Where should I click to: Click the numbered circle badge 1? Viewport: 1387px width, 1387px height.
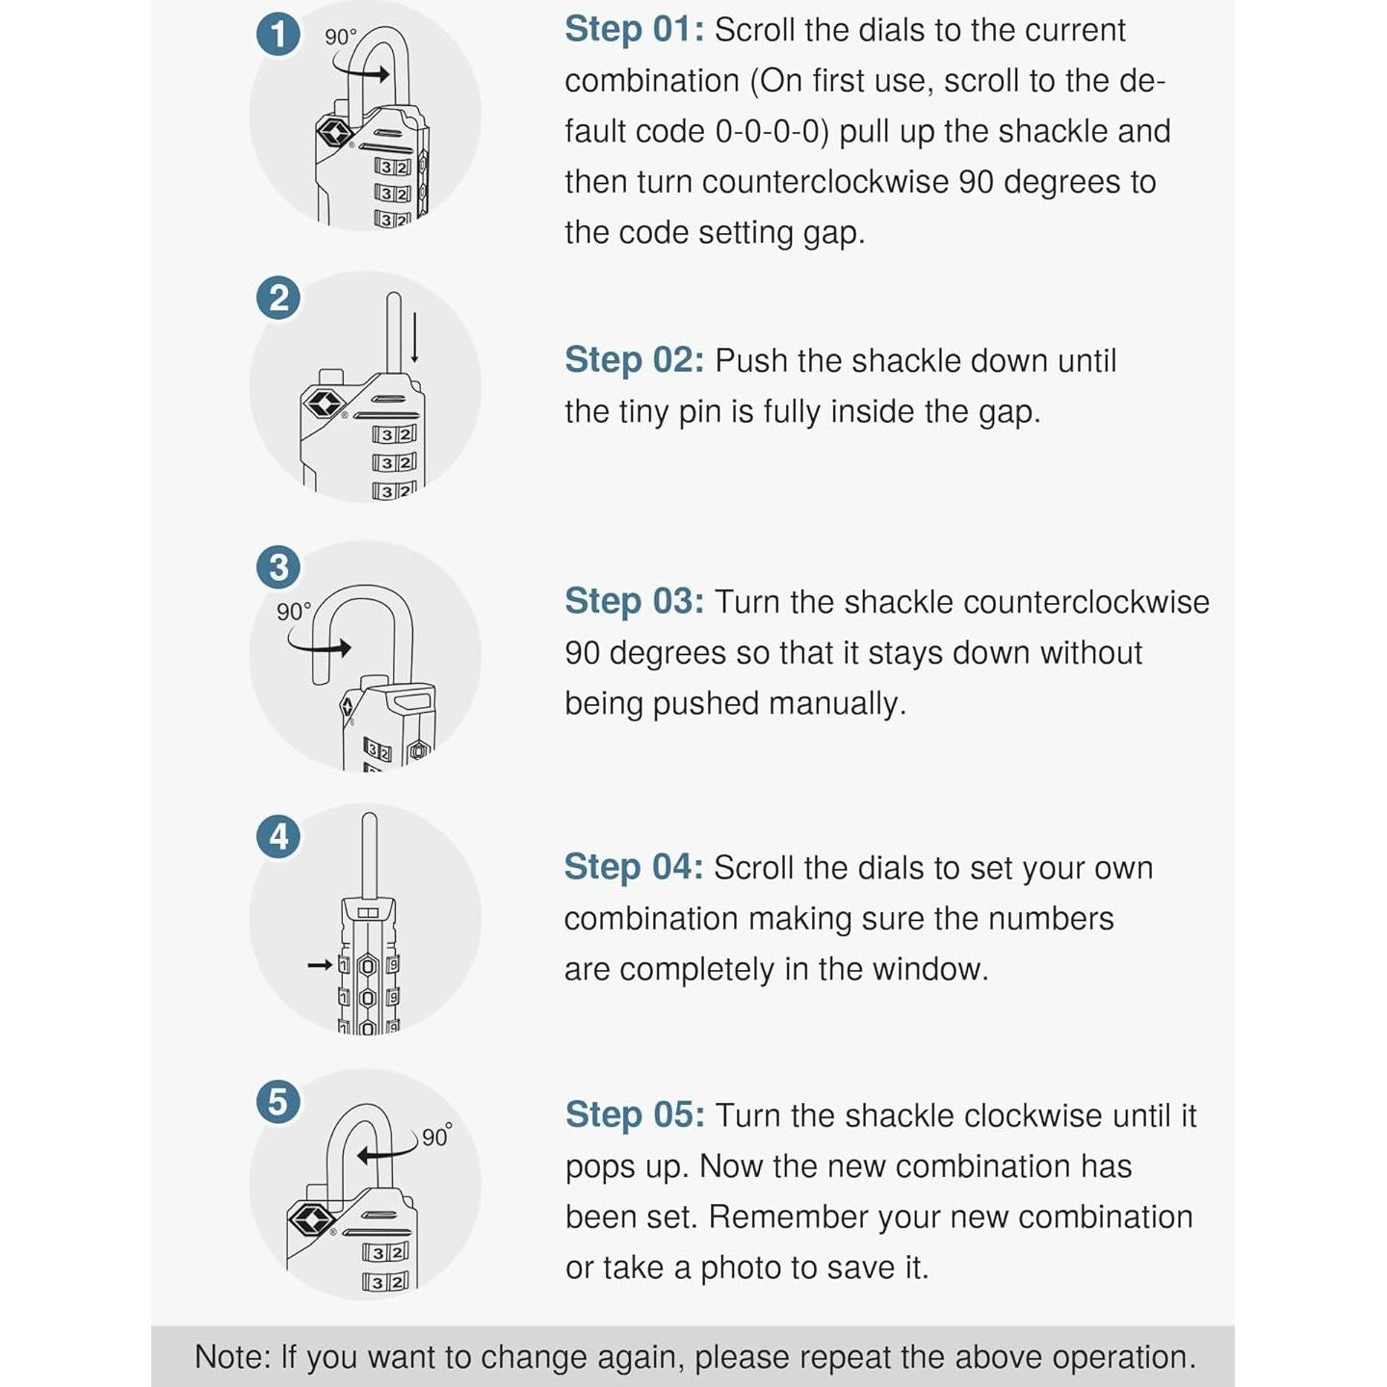(x=278, y=35)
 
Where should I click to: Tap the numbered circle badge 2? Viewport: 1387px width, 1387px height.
(x=278, y=298)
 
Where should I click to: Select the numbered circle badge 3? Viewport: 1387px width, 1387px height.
(x=278, y=567)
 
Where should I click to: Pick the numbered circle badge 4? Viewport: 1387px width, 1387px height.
(x=278, y=836)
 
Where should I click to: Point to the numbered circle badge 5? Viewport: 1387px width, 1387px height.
(x=278, y=1101)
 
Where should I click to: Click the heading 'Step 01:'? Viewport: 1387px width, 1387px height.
(x=634, y=30)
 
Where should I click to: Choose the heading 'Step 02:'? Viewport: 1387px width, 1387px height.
(x=634, y=360)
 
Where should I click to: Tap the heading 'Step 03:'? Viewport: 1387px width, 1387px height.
(x=634, y=601)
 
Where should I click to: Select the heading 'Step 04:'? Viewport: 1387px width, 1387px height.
(x=634, y=867)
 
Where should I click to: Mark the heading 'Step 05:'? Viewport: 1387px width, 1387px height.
(x=634, y=1114)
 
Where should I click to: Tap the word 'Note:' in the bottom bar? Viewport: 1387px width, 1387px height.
(x=232, y=1356)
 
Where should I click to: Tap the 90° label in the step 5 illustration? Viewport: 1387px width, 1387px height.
(x=435, y=1136)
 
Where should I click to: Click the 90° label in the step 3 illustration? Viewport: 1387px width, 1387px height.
(x=294, y=612)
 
